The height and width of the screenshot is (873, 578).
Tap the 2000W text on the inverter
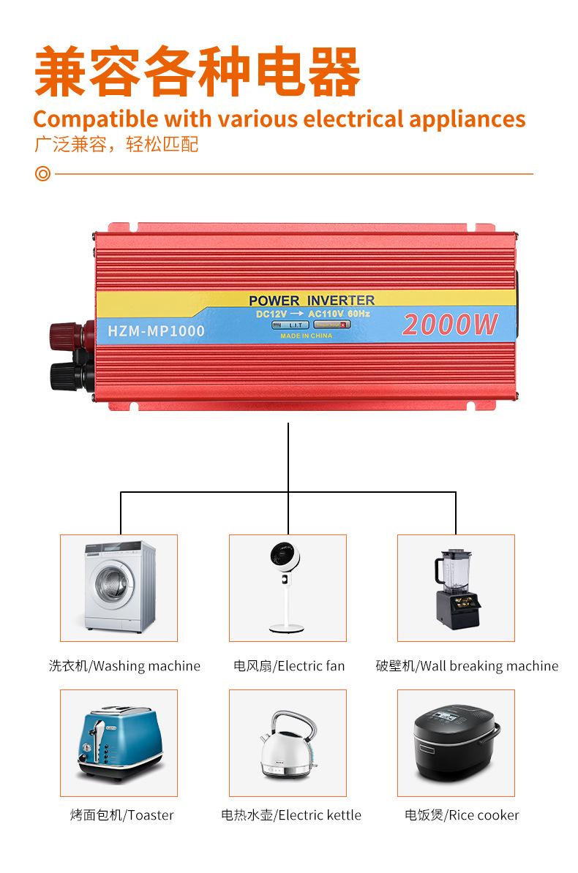tap(449, 324)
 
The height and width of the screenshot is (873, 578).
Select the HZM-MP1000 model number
tap(156, 330)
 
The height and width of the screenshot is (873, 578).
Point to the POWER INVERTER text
tap(311, 300)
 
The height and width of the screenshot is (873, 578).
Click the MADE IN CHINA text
tap(307, 336)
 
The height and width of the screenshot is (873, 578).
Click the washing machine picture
tap(119, 588)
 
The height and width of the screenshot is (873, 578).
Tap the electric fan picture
tap(288, 588)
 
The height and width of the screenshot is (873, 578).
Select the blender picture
tap(456, 588)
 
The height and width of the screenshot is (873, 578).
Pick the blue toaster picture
tap(119, 743)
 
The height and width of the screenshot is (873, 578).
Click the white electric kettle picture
tap(288, 743)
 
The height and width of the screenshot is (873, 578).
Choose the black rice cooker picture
tap(456, 743)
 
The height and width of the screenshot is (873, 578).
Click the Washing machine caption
tap(124, 666)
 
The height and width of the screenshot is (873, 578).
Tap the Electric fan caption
tap(289, 666)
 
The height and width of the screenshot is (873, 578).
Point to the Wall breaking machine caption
tap(467, 666)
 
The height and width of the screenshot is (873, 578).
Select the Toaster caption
tap(122, 815)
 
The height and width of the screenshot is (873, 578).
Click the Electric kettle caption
tap(291, 815)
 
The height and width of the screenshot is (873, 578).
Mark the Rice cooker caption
tap(462, 815)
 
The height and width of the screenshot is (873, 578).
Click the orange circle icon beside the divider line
tap(43, 175)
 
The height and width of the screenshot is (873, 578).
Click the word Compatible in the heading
tap(95, 118)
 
